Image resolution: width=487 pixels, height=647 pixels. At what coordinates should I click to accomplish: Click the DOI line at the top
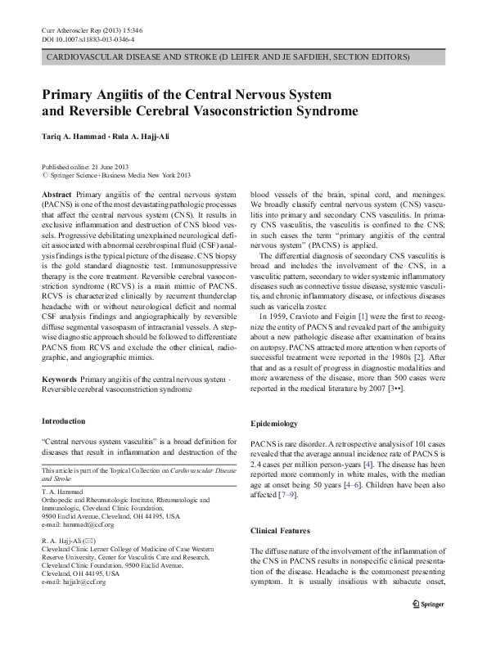click(88, 39)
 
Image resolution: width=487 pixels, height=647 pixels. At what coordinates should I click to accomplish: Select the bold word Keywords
click(60, 380)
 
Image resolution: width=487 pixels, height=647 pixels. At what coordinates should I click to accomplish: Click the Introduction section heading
click(63, 421)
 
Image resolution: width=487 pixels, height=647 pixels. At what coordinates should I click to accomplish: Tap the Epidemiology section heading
click(274, 424)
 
